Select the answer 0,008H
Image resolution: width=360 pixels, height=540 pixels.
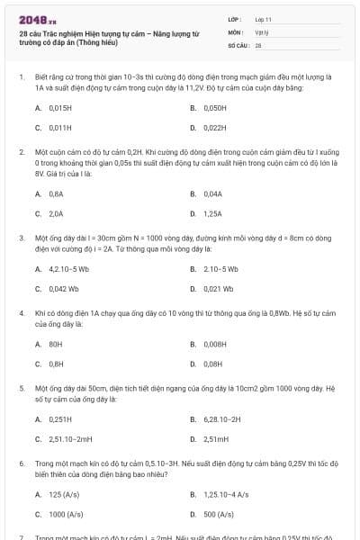click(214, 344)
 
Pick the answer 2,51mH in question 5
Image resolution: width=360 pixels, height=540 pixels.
click(216, 439)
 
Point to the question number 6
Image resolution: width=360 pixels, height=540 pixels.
click(22, 463)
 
